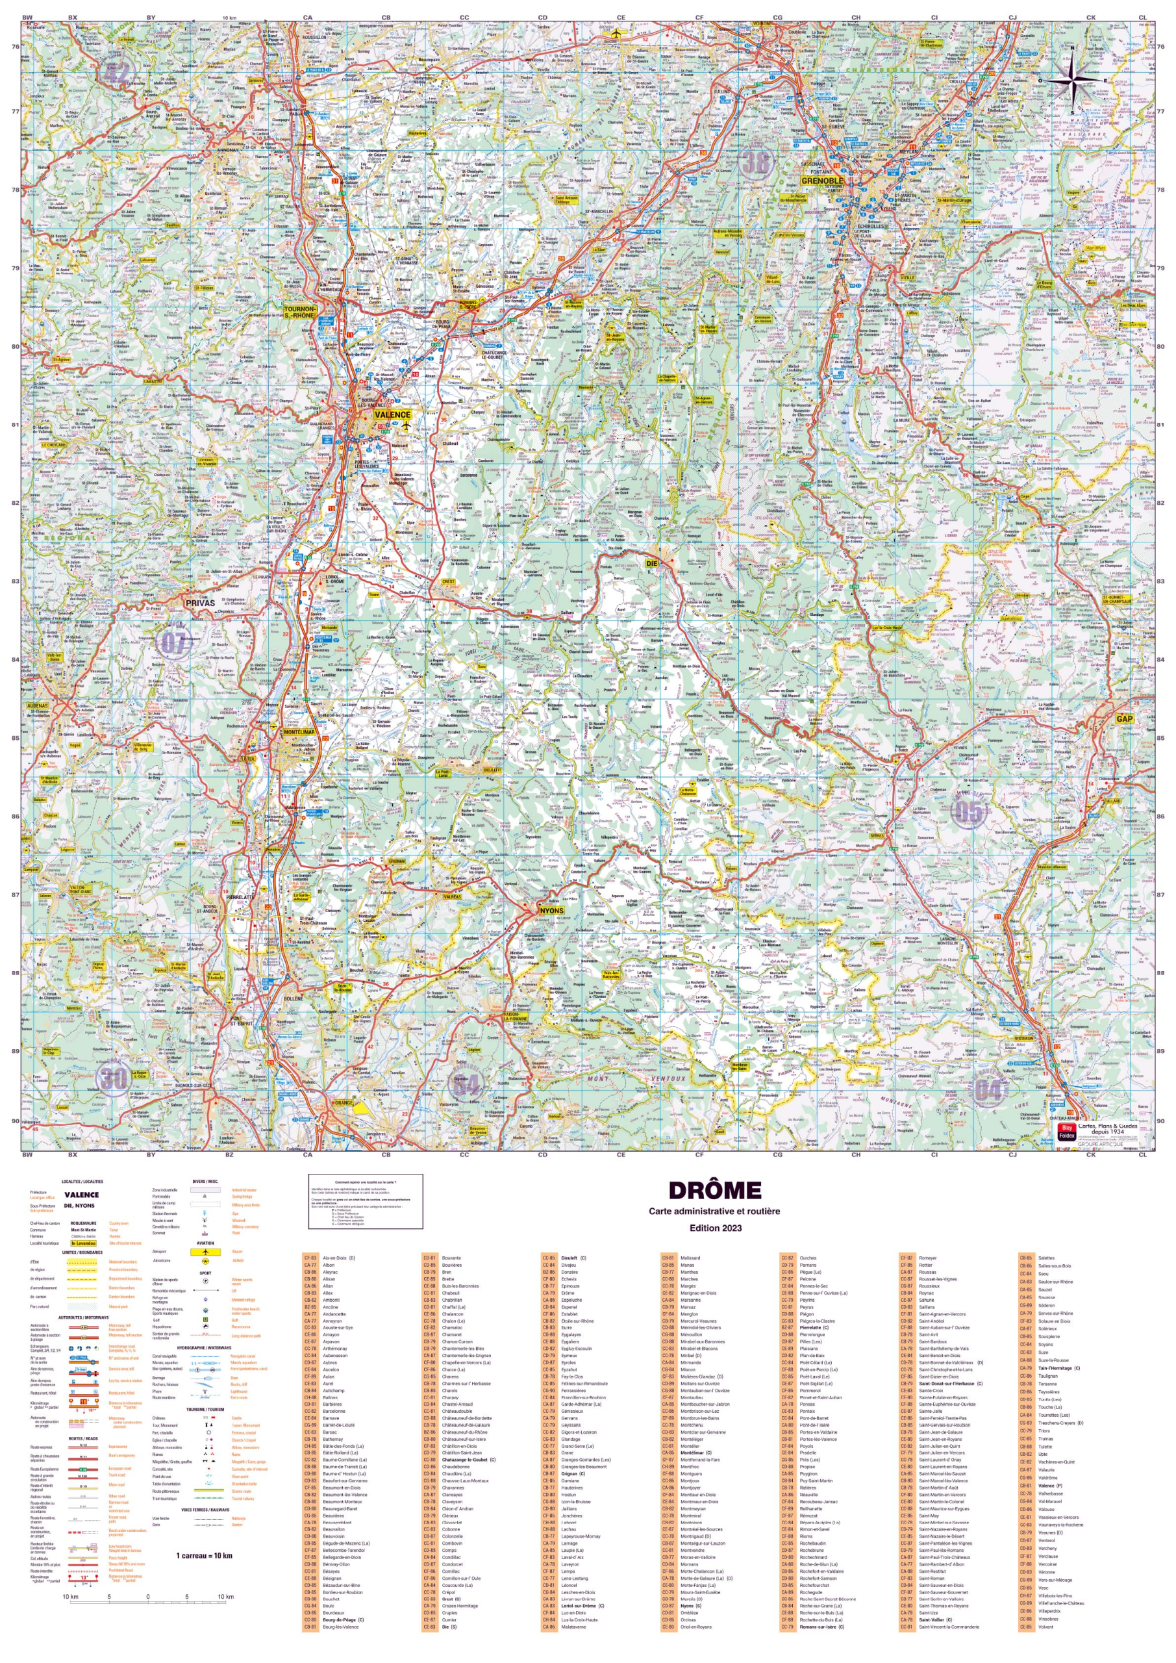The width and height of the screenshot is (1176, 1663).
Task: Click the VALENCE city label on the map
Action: pyautogui.click(x=392, y=415)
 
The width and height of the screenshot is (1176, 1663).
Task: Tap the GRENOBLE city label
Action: pyautogui.click(x=823, y=181)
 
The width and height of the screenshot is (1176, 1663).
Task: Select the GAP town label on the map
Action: pyautogui.click(x=1124, y=718)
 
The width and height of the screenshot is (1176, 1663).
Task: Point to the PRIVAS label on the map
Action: pyautogui.click(x=200, y=603)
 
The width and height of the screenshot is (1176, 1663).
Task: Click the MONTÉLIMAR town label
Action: pyautogui.click(x=299, y=732)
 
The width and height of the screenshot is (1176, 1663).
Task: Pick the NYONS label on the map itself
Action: pyautogui.click(x=551, y=911)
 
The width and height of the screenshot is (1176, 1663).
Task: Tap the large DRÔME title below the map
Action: pyautogui.click(x=714, y=1191)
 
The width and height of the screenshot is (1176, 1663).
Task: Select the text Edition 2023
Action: pyautogui.click(x=715, y=1228)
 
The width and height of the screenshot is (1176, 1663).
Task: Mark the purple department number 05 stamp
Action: pyautogui.click(x=969, y=812)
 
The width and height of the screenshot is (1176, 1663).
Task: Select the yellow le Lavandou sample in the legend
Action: pyautogui.click(x=83, y=1243)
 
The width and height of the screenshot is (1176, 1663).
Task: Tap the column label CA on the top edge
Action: pyautogui.click(x=308, y=18)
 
